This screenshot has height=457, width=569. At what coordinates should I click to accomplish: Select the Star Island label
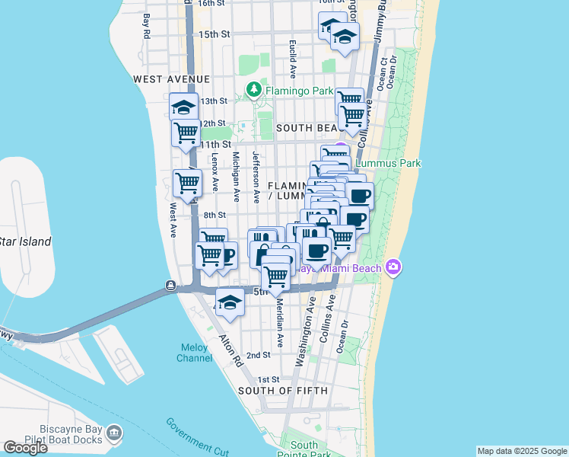point(24,242)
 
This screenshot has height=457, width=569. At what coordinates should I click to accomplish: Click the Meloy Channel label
point(195,353)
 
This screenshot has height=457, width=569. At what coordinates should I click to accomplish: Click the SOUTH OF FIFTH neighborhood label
point(283,391)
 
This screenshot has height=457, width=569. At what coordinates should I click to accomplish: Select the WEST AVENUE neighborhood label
point(170,79)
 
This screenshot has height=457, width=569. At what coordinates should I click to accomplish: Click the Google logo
point(25,448)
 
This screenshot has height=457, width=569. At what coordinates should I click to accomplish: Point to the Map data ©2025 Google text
point(521,451)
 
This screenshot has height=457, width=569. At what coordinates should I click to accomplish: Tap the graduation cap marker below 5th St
point(230,303)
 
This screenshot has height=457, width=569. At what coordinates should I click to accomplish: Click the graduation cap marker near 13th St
point(183,107)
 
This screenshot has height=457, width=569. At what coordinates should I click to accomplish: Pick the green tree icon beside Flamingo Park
point(254,91)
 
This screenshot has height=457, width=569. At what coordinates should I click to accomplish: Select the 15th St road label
point(214,34)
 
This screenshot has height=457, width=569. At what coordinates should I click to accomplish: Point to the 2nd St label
point(259,355)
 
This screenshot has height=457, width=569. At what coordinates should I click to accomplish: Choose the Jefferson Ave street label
point(257,185)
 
